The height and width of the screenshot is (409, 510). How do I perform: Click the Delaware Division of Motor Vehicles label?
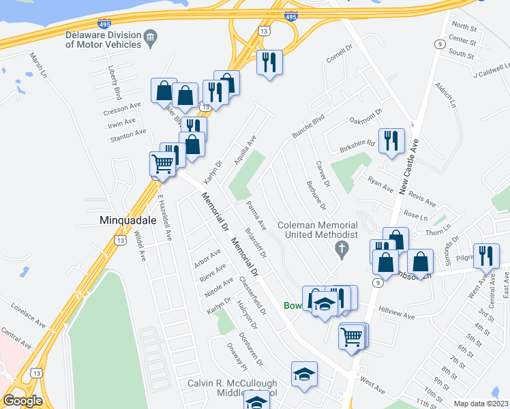[x=103, y=40]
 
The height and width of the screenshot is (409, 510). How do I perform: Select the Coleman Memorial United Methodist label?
[x=317, y=230]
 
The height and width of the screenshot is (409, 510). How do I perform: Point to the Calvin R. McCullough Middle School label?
[x=232, y=389]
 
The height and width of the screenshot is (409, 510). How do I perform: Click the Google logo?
[x=22, y=401]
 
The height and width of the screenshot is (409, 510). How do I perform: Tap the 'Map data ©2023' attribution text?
[x=481, y=404]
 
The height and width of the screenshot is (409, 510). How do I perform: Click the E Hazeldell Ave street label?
[x=164, y=218]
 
